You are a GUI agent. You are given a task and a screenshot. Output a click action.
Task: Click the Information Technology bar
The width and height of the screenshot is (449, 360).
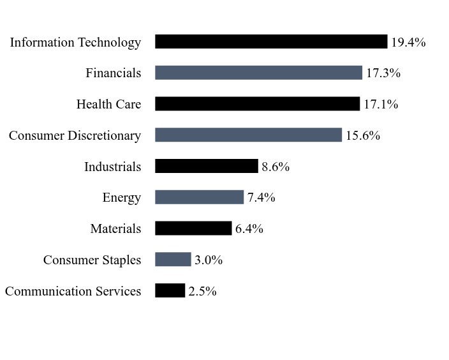271,42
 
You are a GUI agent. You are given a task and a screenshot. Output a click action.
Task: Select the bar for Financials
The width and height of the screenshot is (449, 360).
258,73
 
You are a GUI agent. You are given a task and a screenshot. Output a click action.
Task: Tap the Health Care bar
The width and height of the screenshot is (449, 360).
257,104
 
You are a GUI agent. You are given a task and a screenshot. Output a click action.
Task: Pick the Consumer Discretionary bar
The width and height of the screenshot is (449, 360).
248,135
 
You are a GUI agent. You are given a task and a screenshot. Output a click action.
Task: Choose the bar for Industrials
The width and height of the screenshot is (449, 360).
206,167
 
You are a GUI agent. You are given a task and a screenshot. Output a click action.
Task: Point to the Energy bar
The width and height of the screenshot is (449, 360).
199,197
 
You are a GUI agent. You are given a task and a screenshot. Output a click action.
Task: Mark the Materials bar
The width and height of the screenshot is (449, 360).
193,229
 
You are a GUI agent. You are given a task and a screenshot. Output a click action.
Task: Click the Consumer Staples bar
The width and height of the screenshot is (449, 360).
173,259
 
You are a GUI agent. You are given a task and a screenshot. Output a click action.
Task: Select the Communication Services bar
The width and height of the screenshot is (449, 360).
170,290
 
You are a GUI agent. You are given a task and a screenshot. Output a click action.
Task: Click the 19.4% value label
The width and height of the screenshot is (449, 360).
408,43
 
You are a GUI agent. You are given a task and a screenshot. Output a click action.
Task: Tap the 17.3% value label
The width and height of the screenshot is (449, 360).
383,73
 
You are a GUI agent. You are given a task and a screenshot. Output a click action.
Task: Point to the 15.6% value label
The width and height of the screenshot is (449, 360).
363,136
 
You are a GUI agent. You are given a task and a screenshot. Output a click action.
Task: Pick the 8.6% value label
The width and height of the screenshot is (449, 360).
276,167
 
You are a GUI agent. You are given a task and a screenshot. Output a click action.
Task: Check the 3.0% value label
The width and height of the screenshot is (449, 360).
209,260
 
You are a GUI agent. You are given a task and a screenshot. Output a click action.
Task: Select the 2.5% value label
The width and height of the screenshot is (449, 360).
202,292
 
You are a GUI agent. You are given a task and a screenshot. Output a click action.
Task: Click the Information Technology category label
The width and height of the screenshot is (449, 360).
75,43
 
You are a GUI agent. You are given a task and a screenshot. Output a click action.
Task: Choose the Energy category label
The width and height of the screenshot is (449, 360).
121,198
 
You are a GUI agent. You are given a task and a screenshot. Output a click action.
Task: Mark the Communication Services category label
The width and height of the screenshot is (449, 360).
73,292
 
